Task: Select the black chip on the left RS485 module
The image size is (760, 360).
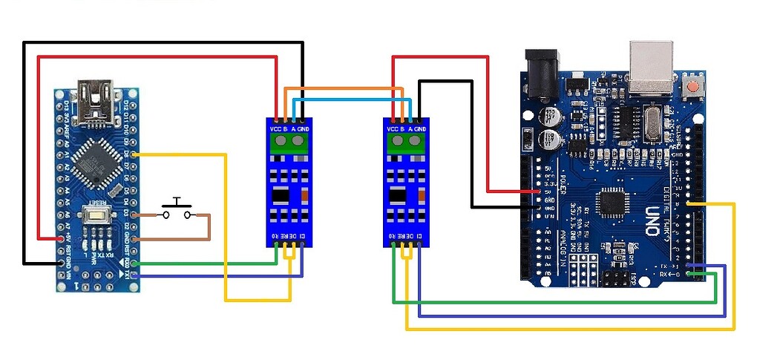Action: click(282, 196)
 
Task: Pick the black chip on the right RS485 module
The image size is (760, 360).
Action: click(401, 196)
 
